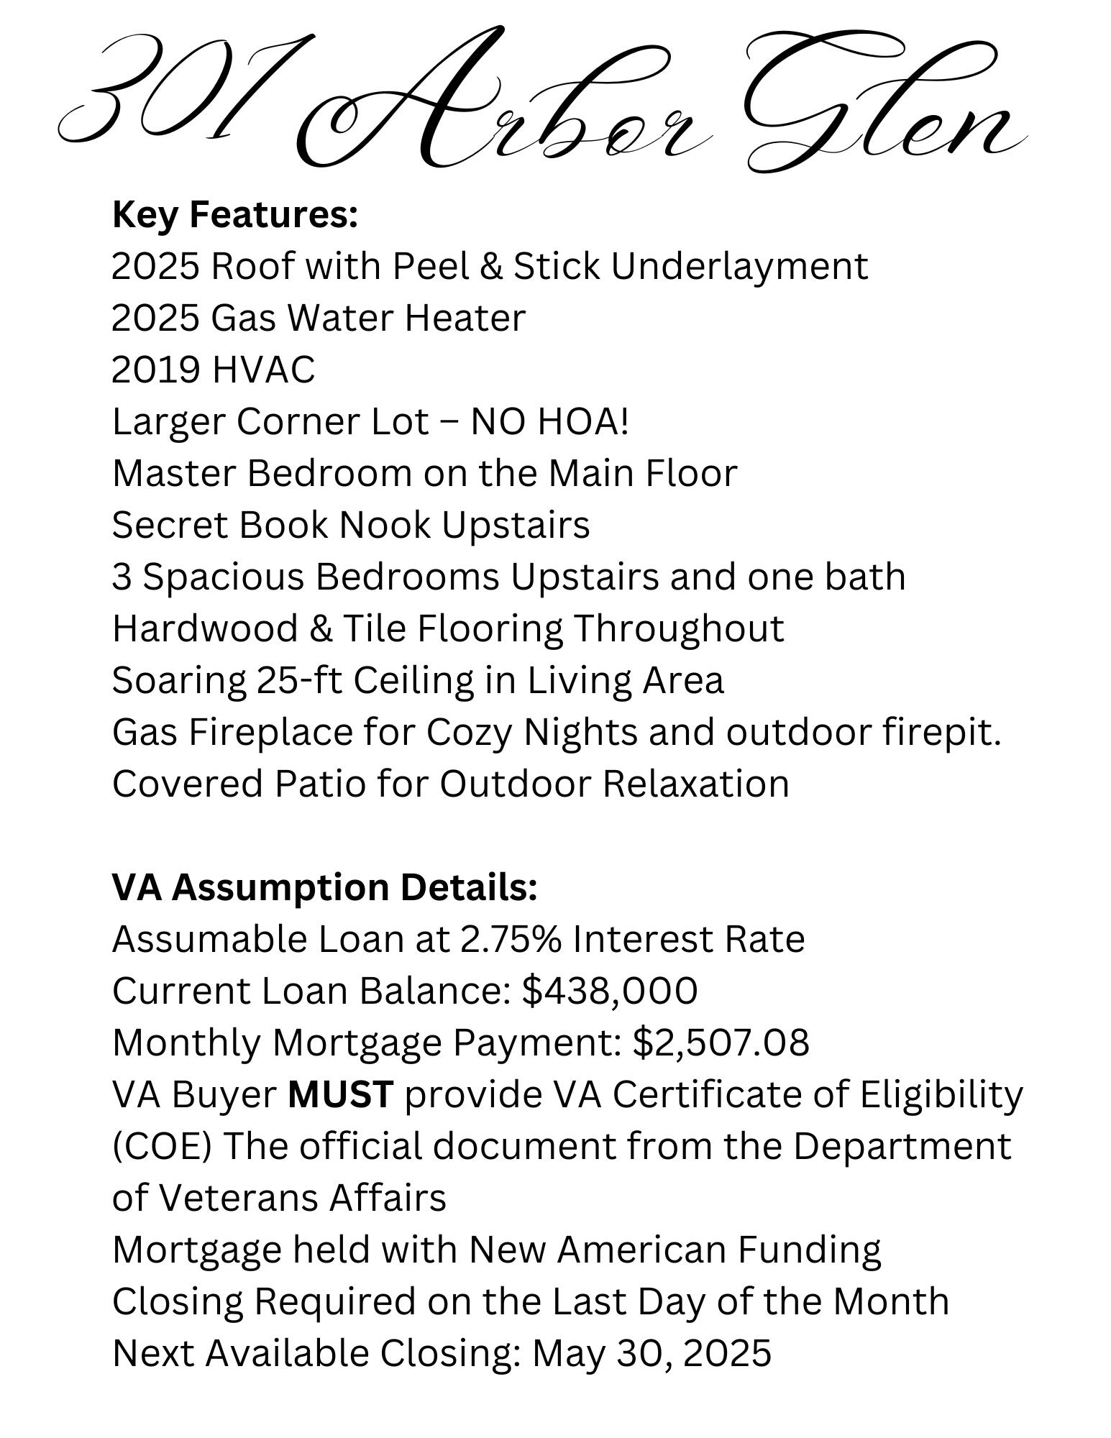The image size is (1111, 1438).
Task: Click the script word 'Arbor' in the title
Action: [x=503, y=108]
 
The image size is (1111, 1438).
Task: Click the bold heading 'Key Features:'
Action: [x=235, y=214]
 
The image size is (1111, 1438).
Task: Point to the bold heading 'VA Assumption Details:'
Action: [x=325, y=887]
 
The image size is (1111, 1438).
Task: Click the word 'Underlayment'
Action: [x=740, y=266]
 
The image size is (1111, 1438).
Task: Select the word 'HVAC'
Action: [x=263, y=370]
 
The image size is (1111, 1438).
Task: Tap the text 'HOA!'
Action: [x=583, y=421]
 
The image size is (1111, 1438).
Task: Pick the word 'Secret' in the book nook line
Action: [x=170, y=525]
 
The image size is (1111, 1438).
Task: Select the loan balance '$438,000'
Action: [x=610, y=991]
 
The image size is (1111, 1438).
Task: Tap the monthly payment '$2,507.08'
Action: [x=721, y=1043]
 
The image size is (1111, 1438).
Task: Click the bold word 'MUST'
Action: [x=340, y=1094]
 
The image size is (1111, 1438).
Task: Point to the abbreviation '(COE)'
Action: [x=162, y=1146]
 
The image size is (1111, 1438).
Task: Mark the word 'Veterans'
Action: [x=237, y=1198]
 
